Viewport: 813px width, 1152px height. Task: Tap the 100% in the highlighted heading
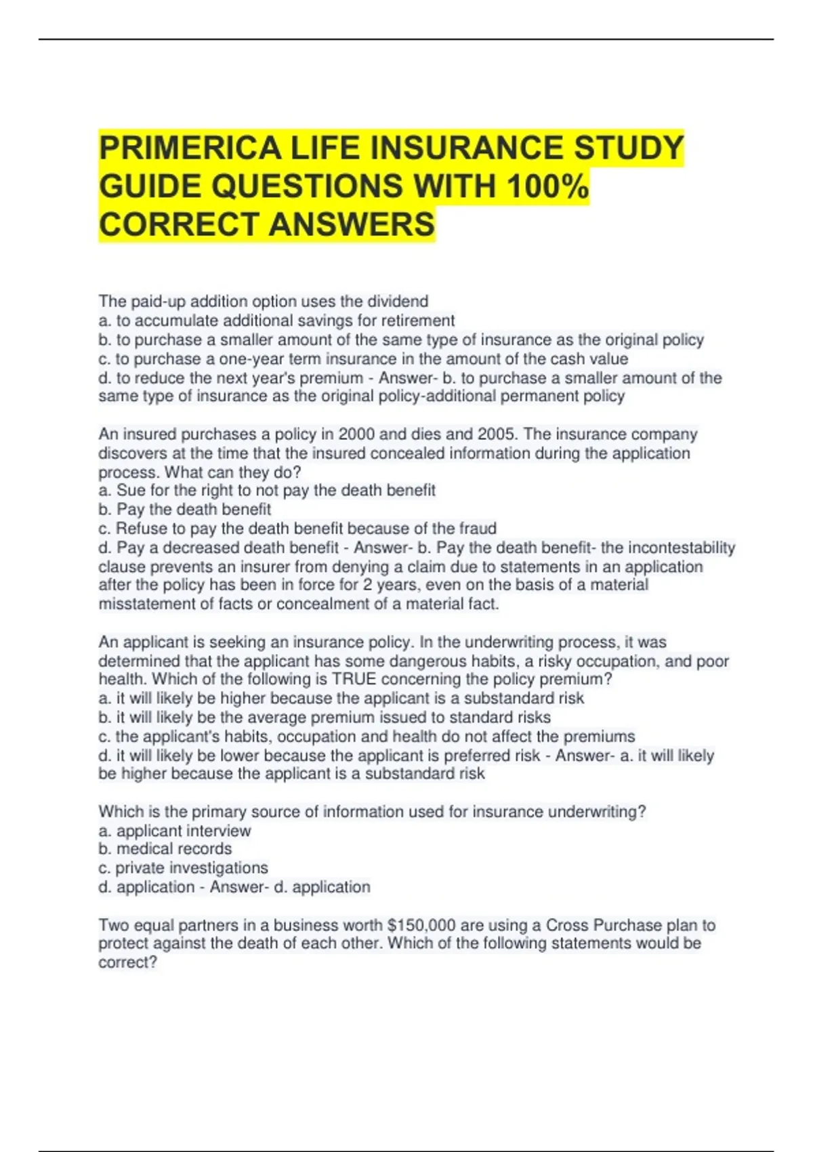coord(547,186)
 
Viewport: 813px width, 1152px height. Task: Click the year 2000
coord(356,434)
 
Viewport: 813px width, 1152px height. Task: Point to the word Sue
coord(131,490)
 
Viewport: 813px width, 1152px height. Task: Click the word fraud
coord(478,529)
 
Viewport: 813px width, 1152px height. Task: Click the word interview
coord(217,831)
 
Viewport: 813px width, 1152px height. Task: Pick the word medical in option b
coord(145,849)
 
